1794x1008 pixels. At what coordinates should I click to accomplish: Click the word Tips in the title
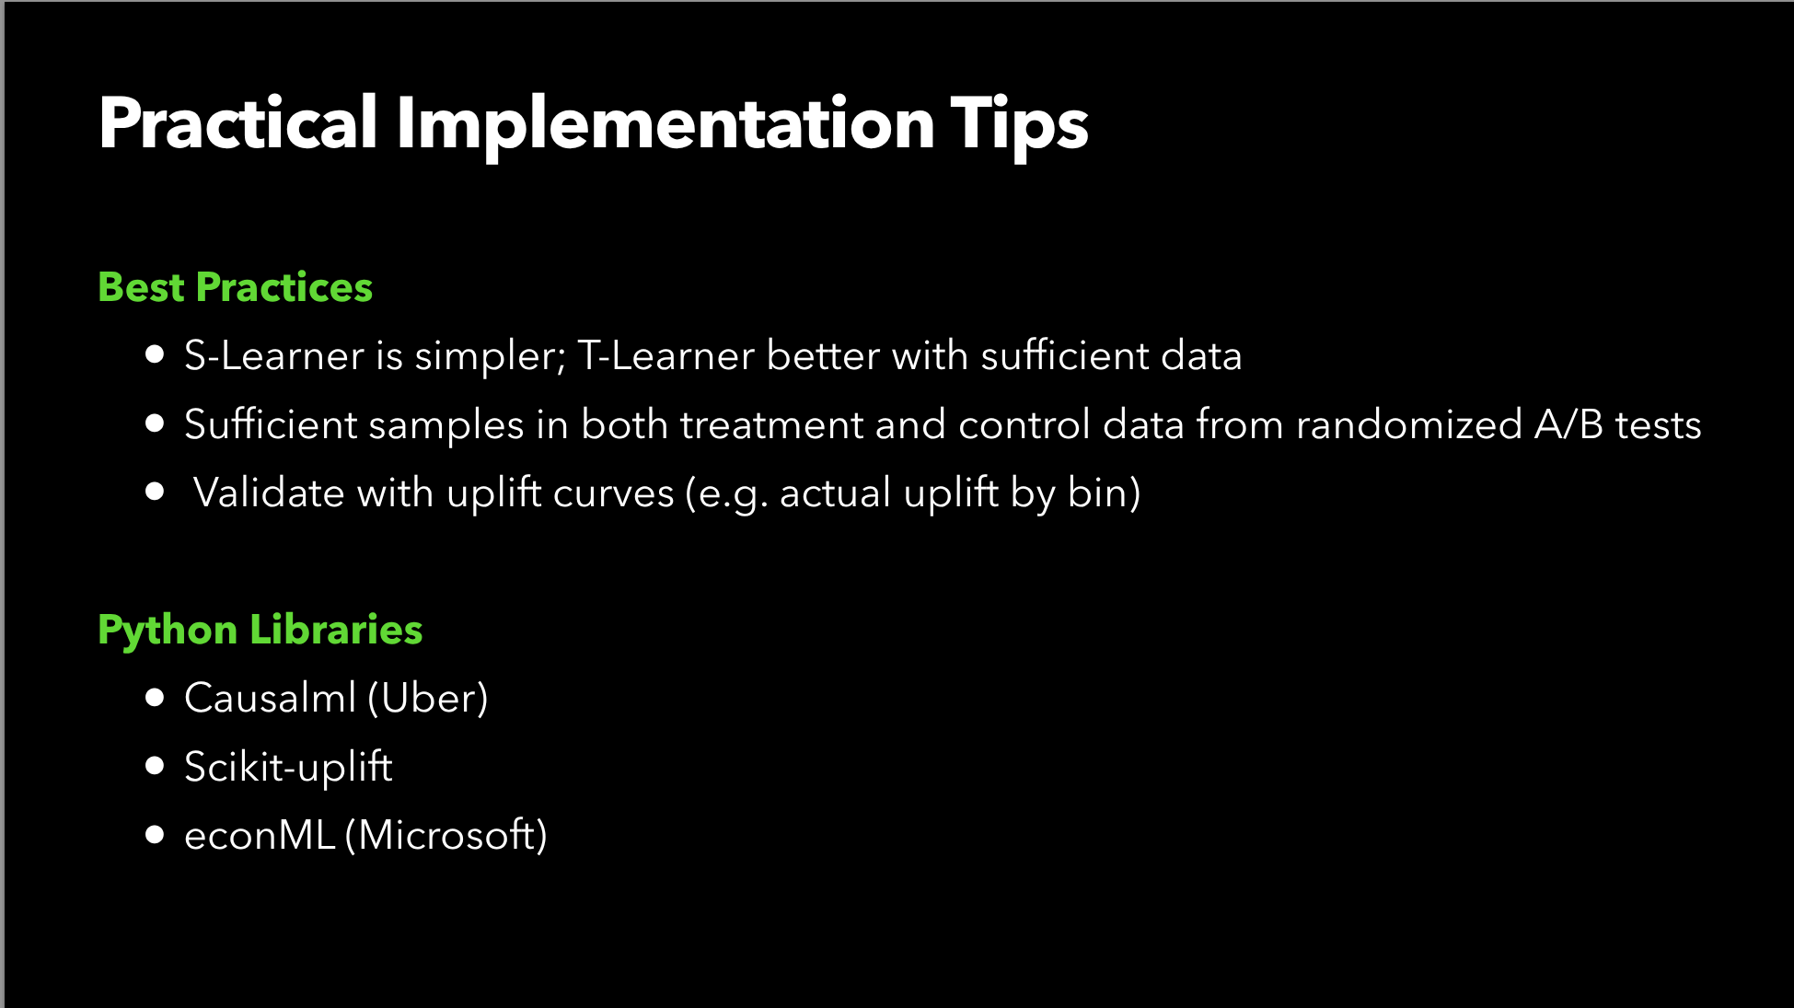(1019, 124)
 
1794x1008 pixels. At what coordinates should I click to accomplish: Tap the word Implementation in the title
(666, 124)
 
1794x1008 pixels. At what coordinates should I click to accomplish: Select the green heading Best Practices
(235, 287)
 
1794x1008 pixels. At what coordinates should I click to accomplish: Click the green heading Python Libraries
(260, 631)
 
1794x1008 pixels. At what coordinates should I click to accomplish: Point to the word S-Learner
(274, 355)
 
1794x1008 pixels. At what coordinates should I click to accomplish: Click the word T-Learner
(666, 355)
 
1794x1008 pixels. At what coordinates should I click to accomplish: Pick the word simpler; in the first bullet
(490, 358)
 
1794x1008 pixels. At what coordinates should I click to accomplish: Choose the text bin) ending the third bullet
(1105, 493)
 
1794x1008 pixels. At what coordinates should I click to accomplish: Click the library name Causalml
(270, 698)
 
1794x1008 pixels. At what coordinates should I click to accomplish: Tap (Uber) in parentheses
(428, 699)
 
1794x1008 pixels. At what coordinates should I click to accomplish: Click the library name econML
(260, 836)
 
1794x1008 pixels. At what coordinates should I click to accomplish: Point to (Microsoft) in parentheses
(446, 836)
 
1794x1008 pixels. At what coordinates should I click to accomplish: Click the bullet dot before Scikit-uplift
(155, 766)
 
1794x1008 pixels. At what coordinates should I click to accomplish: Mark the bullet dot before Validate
(155, 492)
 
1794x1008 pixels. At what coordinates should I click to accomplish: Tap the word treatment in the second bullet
(771, 424)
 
